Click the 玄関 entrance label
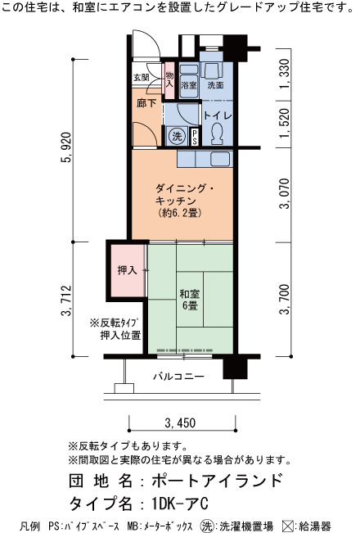(141, 77)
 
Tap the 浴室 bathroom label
(189, 85)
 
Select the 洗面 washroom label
(215, 85)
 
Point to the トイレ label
(218, 115)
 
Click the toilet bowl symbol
(217, 133)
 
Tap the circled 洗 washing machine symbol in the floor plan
(177, 137)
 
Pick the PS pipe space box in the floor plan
(195, 137)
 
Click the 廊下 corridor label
(146, 103)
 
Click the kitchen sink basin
(220, 158)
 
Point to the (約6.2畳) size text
(180, 213)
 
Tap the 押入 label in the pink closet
(127, 270)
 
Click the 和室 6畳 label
(190, 300)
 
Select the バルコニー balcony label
(178, 377)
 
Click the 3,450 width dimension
(180, 422)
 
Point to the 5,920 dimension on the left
(67, 147)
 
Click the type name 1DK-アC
(180, 504)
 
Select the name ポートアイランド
(218, 481)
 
